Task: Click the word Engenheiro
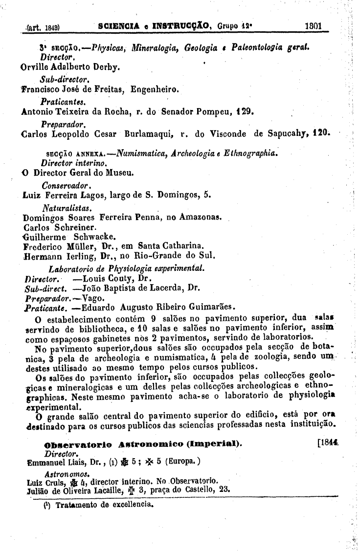point(156,89)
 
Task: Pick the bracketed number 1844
point(328,444)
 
